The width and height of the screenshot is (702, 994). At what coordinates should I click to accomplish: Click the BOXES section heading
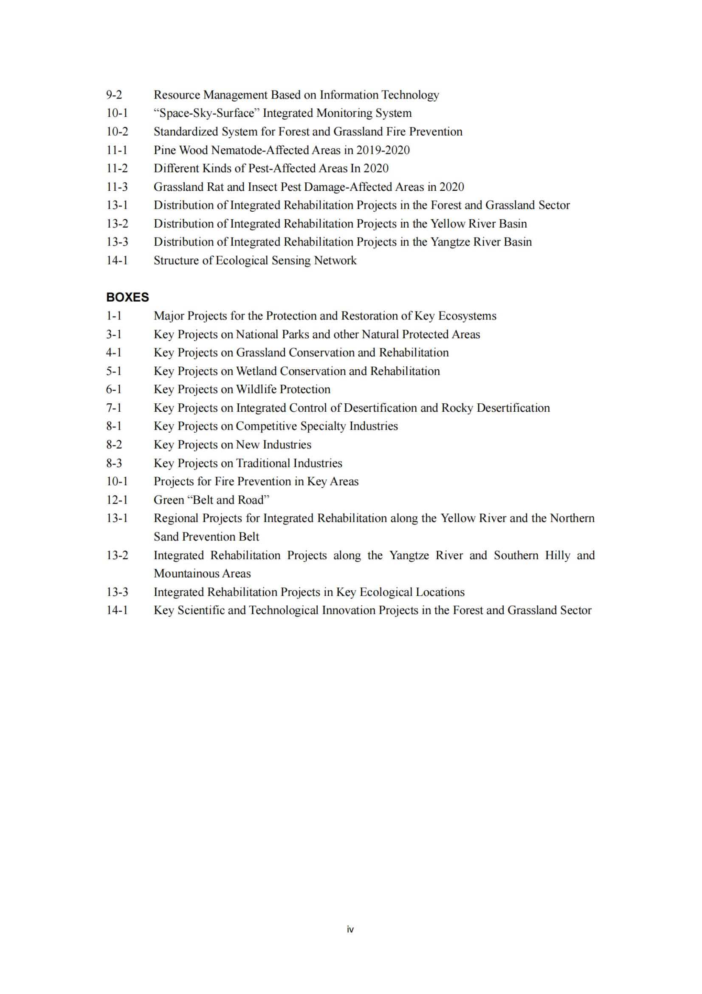coord(127,297)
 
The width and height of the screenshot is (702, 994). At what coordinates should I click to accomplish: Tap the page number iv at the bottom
coord(350,929)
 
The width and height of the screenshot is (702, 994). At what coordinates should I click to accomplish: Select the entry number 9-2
coord(114,95)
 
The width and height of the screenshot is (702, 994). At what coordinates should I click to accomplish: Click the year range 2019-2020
coord(383,150)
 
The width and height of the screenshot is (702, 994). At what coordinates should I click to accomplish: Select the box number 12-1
coord(117,500)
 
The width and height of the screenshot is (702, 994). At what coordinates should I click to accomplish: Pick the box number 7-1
coord(114,408)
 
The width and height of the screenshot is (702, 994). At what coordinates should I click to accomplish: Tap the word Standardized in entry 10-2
coord(186,132)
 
